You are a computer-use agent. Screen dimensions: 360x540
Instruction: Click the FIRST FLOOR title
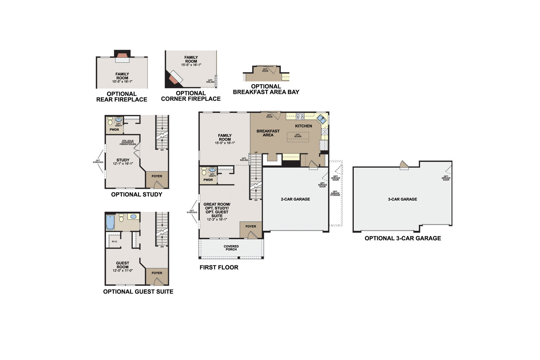click(219, 267)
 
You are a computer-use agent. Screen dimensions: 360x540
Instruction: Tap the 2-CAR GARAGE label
click(295, 199)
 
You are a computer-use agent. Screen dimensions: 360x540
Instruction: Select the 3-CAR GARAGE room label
click(402, 199)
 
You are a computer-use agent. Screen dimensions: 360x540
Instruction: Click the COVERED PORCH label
click(231, 248)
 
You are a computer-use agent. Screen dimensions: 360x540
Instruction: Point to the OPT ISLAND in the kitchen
click(298, 136)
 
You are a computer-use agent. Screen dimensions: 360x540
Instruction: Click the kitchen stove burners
click(300, 116)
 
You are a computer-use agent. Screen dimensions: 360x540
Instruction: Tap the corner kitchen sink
click(322, 119)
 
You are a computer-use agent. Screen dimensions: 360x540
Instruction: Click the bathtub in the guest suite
click(110, 222)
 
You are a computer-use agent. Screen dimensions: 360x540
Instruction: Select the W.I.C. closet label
click(114, 241)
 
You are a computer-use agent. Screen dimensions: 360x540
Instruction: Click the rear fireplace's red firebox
click(122, 55)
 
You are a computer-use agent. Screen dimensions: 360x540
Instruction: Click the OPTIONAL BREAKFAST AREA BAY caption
click(266, 89)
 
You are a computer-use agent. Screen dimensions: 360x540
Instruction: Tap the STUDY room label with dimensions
click(123, 162)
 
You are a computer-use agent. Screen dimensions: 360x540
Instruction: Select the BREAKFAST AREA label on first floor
click(268, 133)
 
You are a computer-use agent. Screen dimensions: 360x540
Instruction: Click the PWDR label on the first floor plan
click(208, 180)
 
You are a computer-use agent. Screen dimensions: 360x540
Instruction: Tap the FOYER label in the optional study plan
click(157, 176)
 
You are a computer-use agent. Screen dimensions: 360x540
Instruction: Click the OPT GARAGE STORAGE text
click(335, 193)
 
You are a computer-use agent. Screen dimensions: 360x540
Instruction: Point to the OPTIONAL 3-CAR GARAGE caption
click(403, 238)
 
